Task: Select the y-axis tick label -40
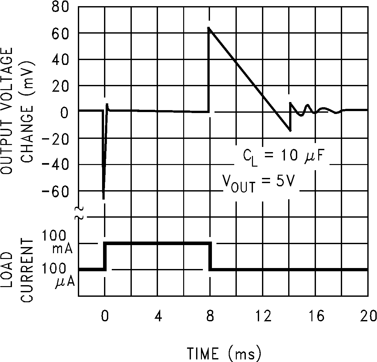(56, 165)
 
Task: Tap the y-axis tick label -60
(56, 191)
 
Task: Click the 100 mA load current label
(60, 243)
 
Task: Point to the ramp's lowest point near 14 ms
(290, 130)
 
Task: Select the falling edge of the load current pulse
(210, 256)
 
